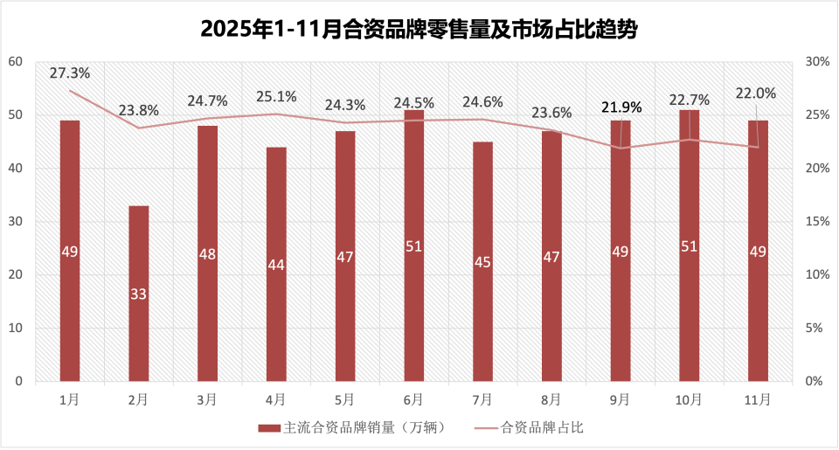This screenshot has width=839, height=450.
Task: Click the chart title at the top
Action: (419, 30)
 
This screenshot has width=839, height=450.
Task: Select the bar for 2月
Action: (139, 294)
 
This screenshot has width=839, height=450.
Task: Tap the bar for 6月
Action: (414, 246)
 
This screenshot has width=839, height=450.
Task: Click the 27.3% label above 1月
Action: (69, 73)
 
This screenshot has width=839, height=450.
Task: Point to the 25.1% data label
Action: (276, 97)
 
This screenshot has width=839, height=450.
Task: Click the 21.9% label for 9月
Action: (621, 107)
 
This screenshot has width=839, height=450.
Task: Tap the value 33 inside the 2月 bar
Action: (139, 294)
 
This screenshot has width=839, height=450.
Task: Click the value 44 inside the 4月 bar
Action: (276, 265)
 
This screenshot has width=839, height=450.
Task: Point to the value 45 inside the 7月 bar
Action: (482, 262)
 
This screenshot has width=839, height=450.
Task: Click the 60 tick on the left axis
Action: (15, 61)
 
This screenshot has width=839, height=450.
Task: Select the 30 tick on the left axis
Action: (15, 222)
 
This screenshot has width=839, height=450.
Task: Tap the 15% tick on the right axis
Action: (817, 222)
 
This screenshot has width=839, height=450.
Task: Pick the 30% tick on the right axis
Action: (817, 61)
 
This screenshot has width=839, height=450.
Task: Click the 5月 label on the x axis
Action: (344, 399)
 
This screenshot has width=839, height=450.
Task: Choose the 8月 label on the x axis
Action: (551, 399)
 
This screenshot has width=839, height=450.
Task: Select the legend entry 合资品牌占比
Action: (542, 428)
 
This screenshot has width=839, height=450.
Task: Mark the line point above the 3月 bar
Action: (207, 119)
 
